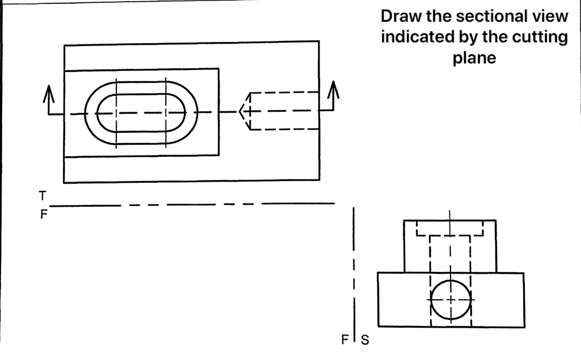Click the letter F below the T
(43, 215)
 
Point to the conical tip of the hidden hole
(243, 111)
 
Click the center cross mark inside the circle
(451, 299)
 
